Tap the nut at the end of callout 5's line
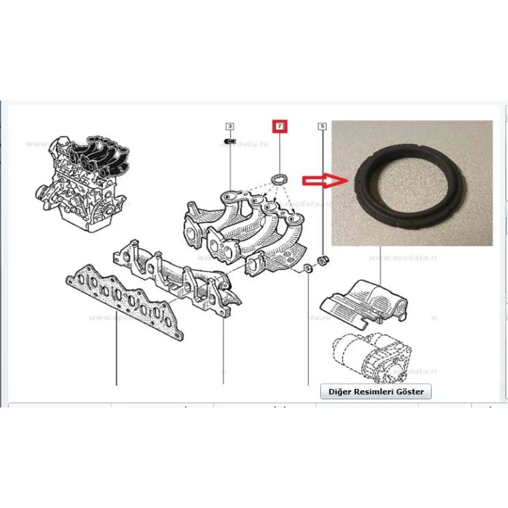pos(322,261)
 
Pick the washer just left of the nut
pos(308,268)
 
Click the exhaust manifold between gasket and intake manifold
pos(178,279)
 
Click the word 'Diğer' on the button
pos(339,392)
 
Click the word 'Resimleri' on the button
pos(373,392)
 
